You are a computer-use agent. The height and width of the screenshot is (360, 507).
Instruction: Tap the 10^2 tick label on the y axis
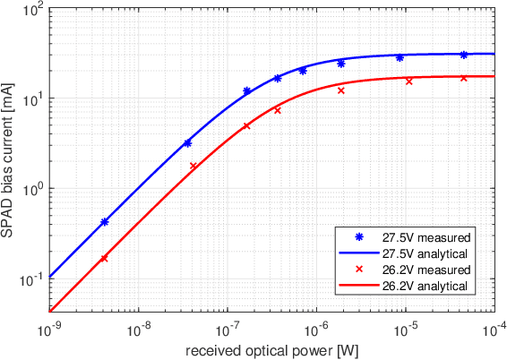33,10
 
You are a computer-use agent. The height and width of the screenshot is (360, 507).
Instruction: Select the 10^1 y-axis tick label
33,99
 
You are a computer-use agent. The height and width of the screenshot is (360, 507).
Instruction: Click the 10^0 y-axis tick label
33,189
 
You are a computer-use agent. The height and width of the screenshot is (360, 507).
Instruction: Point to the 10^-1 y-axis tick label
31,279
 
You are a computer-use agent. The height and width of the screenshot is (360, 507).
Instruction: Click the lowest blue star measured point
105,221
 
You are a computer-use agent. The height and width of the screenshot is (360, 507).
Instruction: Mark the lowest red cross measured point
105,258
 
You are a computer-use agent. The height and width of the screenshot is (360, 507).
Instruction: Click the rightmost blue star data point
463,55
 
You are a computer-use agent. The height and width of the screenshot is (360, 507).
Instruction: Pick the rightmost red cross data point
463,78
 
